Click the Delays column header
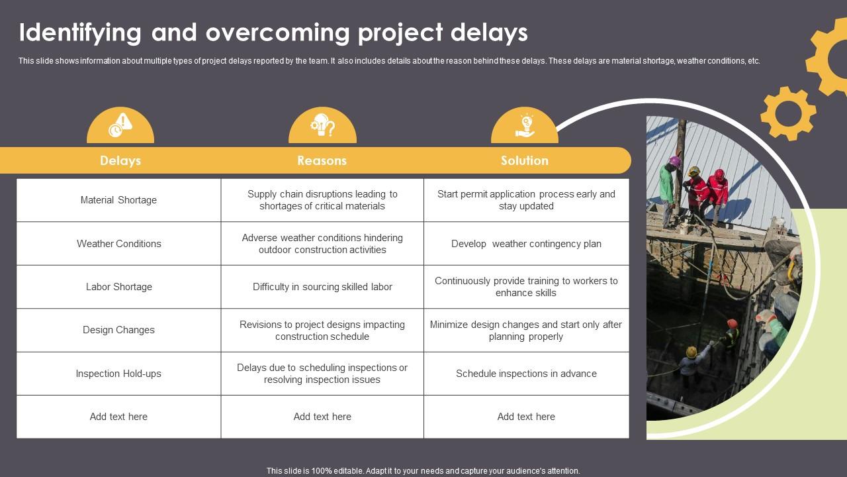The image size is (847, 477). [x=120, y=160]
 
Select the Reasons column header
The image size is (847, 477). [x=322, y=160]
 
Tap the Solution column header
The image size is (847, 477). [x=524, y=160]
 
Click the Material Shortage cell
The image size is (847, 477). [x=118, y=200]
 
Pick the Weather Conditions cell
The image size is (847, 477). [x=118, y=244]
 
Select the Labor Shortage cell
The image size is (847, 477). [x=118, y=287]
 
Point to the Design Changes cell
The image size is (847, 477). [x=118, y=330]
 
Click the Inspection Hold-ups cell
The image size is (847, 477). [x=118, y=374]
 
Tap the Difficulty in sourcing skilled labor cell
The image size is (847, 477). [x=322, y=287]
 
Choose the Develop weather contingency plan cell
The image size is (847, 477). [x=526, y=244]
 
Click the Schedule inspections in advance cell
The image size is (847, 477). [x=526, y=374]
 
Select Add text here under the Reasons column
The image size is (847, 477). [x=322, y=417]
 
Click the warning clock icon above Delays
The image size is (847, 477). [x=120, y=125]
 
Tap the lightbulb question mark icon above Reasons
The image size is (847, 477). [x=322, y=125]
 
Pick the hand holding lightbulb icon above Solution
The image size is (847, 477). [x=525, y=125]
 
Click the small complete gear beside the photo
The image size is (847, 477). [x=787, y=113]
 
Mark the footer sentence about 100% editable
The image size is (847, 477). [x=423, y=471]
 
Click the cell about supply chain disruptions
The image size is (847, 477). [x=322, y=200]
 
